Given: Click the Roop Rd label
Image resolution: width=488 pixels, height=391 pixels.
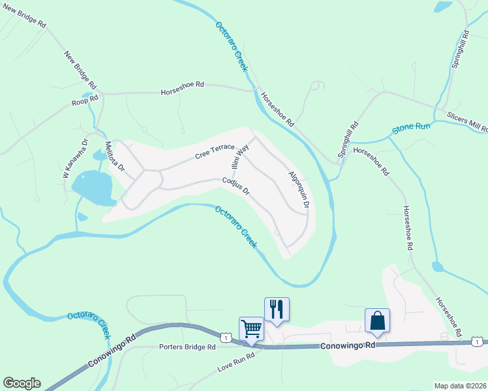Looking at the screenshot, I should (85, 102).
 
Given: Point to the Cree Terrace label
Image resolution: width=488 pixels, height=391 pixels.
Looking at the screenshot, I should (214, 152).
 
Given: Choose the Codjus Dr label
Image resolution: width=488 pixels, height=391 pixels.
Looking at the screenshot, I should (236, 187).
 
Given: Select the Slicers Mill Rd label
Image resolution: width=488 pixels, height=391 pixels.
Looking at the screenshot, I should (467, 121).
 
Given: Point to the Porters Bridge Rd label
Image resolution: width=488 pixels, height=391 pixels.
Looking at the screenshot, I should (187, 347).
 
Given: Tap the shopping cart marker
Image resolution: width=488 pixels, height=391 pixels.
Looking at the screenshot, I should (251, 328).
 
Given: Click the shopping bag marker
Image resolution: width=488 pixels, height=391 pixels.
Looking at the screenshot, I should (377, 320).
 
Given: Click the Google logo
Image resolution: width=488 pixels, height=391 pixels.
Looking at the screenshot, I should (22, 383).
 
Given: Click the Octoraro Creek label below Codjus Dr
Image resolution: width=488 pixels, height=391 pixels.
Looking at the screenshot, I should (236, 227).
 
